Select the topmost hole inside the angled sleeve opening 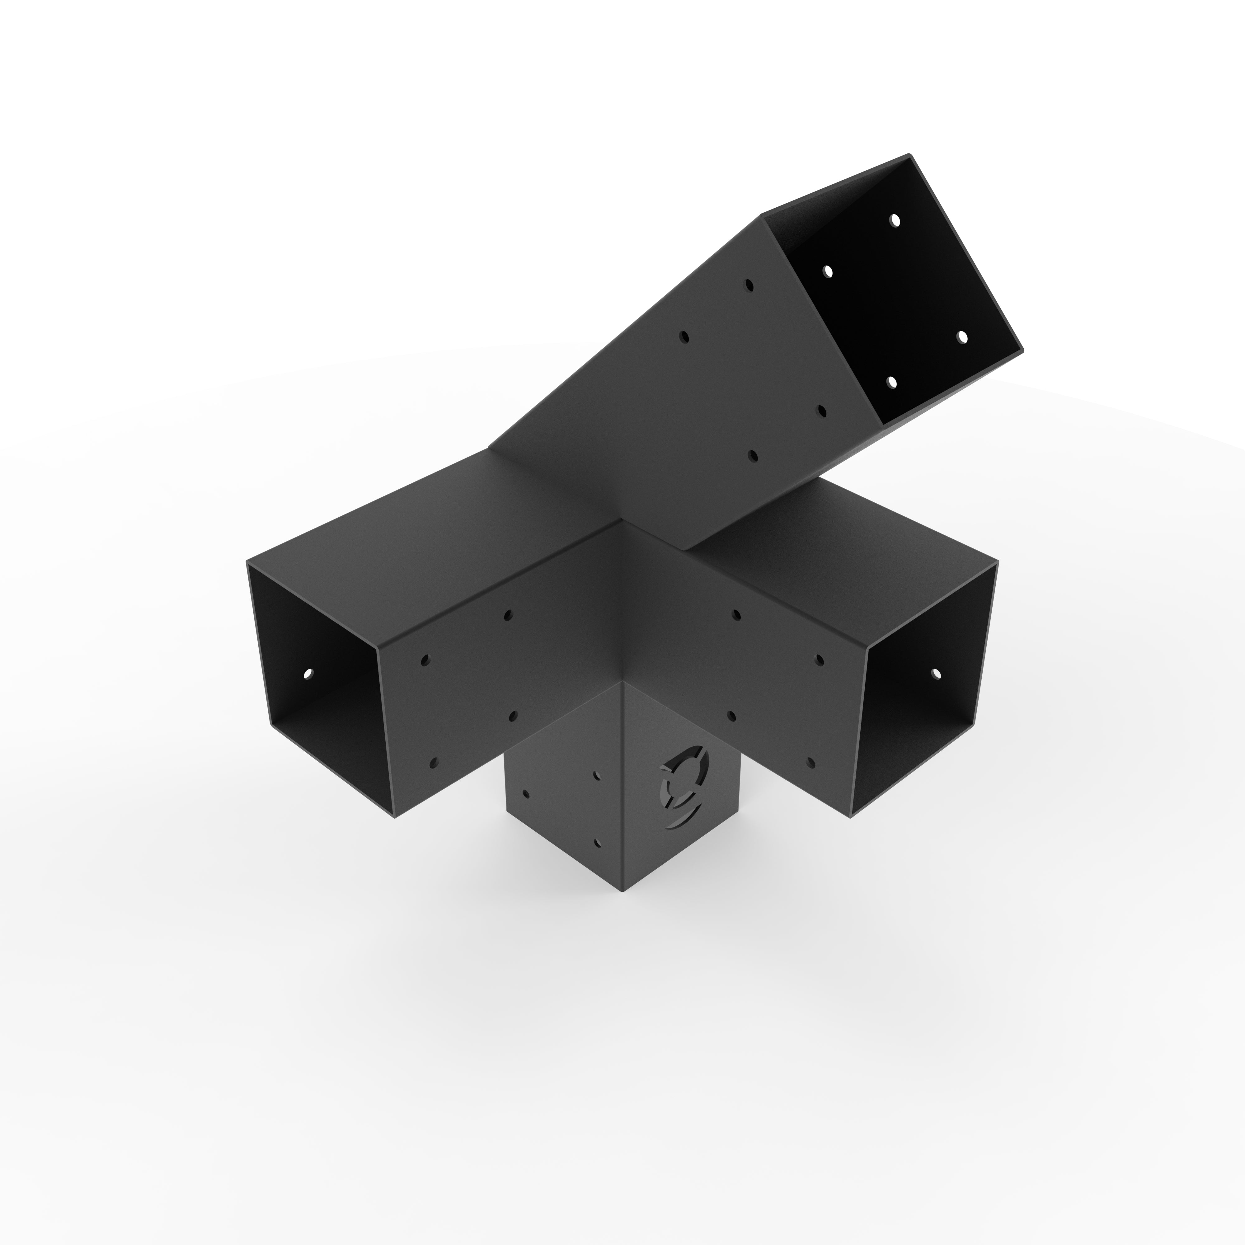click(895, 220)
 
